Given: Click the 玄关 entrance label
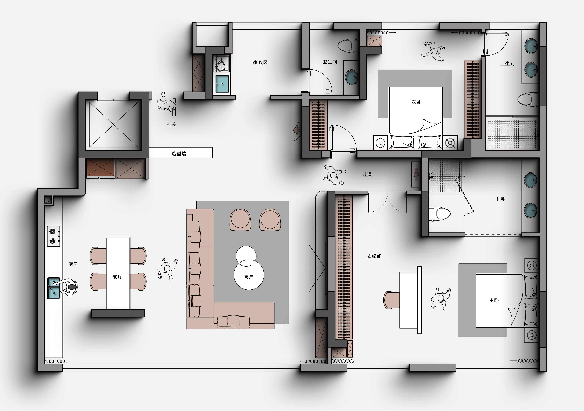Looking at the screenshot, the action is pyautogui.click(x=171, y=124).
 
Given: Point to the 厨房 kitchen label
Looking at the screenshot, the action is pyautogui.click(x=73, y=264).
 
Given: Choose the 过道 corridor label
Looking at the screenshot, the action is pyautogui.click(x=367, y=174).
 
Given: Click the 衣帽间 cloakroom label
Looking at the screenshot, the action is pyautogui.click(x=374, y=256).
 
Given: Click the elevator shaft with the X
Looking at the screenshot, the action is pyautogui.click(x=113, y=125).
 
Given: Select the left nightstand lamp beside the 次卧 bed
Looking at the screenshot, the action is pyautogui.click(x=380, y=143).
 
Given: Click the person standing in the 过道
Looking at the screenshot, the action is pyautogui.click(x=334, y=175).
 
